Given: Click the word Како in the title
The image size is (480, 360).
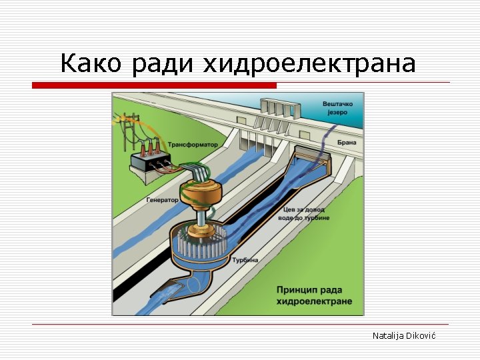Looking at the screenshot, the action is point(91,63).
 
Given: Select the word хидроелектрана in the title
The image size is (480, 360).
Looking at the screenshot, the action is point(309,64).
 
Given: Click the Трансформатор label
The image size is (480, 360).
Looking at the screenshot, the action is point(193,145).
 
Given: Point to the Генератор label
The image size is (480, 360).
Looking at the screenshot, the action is point(163,199).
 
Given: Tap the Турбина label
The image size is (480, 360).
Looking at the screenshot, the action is point(245,260).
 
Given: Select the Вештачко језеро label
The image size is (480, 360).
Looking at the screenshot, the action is point(338,108).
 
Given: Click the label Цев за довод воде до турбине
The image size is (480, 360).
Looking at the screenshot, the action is point(305,213).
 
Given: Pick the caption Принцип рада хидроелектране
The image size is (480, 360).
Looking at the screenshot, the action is point(313,295).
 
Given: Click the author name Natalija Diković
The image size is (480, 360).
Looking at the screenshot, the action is point(403,335).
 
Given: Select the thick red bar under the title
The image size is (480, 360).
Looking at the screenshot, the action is point(154,85).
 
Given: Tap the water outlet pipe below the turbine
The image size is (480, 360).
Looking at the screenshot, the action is point(193,284).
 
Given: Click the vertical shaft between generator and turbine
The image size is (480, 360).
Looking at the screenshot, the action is point(201,216).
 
